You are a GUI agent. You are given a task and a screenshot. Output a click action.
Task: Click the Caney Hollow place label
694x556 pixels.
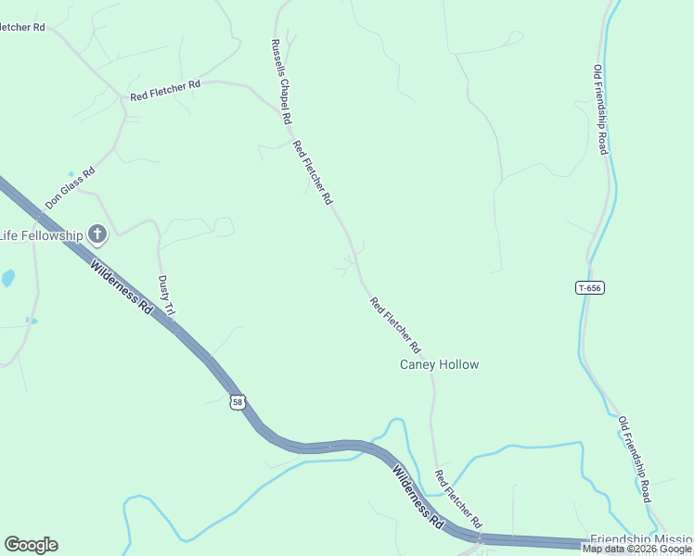[439, 364]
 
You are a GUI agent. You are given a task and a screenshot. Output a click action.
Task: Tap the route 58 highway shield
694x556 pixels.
[238, 401]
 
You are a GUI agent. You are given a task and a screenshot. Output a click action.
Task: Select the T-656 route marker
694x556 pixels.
[589, 288]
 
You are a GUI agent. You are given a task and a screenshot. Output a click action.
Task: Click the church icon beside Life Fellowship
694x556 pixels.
[97, 234]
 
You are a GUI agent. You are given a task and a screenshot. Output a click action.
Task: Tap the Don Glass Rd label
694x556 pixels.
[70, 188]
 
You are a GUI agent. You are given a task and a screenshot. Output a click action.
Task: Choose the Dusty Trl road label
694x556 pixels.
[167, 296]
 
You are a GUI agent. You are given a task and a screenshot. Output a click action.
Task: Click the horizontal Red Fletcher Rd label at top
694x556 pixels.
[165, 90]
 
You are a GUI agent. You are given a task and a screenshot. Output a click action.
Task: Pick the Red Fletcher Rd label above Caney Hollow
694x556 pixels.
[395, 325]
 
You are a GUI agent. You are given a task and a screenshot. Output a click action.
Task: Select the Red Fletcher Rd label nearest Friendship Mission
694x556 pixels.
[458, 499]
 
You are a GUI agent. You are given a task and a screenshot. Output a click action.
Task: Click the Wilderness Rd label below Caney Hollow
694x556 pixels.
[417, 495]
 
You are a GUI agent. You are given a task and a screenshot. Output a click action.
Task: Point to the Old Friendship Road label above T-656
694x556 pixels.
[601, 109]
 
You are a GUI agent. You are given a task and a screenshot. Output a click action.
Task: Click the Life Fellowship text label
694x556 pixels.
[42, 234]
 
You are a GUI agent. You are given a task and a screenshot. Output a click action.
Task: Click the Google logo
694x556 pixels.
[31, 545]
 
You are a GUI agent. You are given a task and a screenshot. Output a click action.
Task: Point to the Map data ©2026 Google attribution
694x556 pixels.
[636, 550]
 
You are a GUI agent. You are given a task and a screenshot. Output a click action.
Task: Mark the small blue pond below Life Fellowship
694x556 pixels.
[8, 277]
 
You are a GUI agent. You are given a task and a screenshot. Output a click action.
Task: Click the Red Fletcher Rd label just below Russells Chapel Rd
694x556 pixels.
[313, 172]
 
